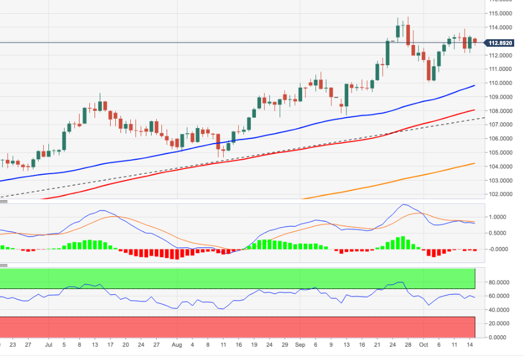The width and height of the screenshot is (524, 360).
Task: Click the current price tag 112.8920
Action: coord(500,43)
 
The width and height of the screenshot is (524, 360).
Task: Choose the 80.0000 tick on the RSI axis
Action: coord(500,283)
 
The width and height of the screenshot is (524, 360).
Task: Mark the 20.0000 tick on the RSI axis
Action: coord(500,324)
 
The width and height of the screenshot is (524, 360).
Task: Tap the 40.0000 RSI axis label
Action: coord(500,310)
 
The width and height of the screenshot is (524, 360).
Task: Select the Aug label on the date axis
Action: coord(177,345)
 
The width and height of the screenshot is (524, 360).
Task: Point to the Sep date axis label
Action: coord(300,345)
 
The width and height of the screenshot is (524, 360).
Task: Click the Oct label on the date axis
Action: coord(424,345)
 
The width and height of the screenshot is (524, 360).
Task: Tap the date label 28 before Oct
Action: coord(408,345)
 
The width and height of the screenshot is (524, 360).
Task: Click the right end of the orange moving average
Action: coord(474,163)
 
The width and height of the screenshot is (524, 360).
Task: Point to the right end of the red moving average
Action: coord(474,110)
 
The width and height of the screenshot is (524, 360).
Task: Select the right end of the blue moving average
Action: coord(474,85)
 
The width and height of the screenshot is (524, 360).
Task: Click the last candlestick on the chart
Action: coord(476,40)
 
